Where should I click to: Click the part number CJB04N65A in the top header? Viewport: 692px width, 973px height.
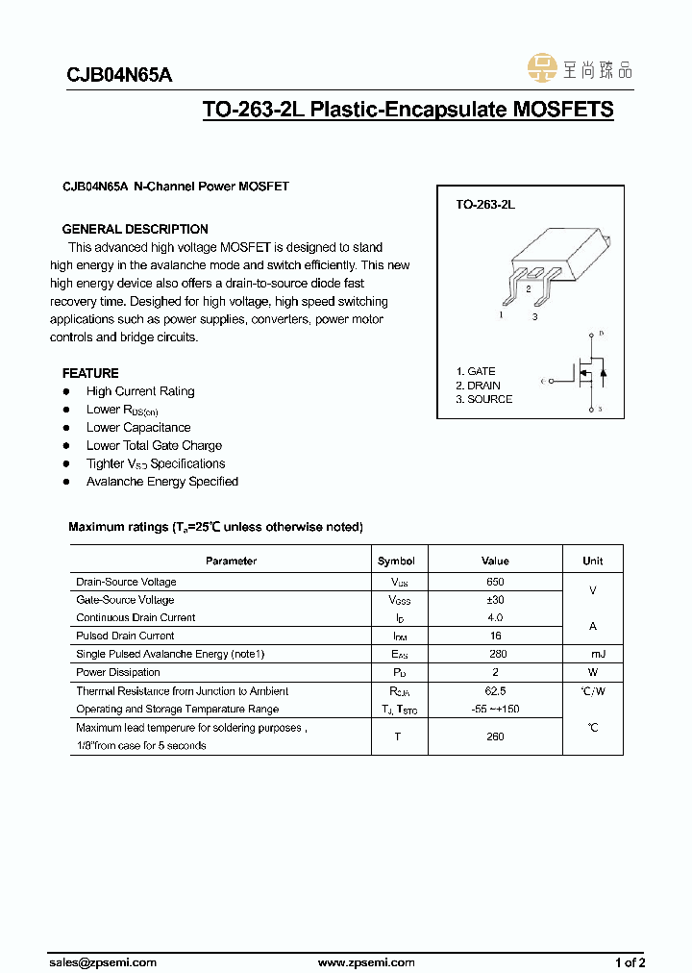click(x=119, y=76)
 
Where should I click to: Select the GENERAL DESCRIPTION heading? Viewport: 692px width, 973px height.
click(x=136, y=229)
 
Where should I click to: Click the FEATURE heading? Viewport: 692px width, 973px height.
click(x=91, y=373)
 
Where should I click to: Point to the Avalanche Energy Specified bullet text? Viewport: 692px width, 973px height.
click(x=162, y=482)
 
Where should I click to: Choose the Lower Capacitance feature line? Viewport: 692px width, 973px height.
click(x=138, y=428)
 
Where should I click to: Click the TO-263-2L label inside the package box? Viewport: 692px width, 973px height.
click(x=485, y=205)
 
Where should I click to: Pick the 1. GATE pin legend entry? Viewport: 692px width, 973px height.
click(x=476, y=371)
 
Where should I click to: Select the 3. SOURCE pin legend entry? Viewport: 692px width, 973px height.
click(x=483, y=399)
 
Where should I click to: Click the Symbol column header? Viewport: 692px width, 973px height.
click(x=396, y=561)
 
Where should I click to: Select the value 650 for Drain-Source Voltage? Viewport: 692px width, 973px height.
click(x=495, y=582)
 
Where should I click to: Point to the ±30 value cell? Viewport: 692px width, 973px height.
click(x=495, y=600)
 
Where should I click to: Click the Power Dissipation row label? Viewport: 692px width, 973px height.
click(x=105, y=673)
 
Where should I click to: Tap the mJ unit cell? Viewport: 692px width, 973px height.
click(x=593, y=654)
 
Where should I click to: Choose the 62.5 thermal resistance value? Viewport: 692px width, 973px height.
click(x=495, y=691)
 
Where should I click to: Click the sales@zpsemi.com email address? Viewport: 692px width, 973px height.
click(x=103, y=962)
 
